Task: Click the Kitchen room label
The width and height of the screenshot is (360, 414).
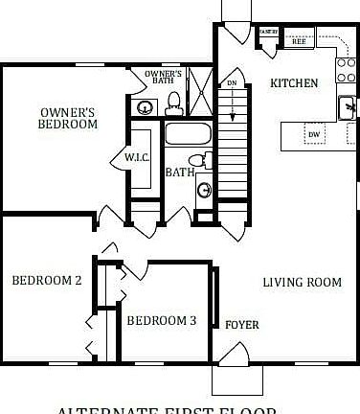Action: point(294,83)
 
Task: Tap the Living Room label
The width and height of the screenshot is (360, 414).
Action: point(303,282)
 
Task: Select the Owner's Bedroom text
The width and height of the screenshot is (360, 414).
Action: point(68,117)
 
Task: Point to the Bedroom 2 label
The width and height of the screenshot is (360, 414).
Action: point(46,281)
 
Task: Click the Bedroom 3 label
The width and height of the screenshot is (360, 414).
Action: point(162,321)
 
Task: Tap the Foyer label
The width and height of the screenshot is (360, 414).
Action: point(241,325)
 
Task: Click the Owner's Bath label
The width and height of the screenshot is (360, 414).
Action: point(164,78)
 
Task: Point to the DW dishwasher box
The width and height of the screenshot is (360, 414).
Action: point(314,135)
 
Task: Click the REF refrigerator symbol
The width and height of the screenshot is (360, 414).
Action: point(299,41)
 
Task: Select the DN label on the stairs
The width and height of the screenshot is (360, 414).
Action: point(231,82)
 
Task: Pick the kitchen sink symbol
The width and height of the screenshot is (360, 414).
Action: point(347,105)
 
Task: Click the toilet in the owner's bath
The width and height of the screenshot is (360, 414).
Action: point(174,101)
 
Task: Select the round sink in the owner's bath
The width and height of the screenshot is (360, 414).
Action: point(146,105)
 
